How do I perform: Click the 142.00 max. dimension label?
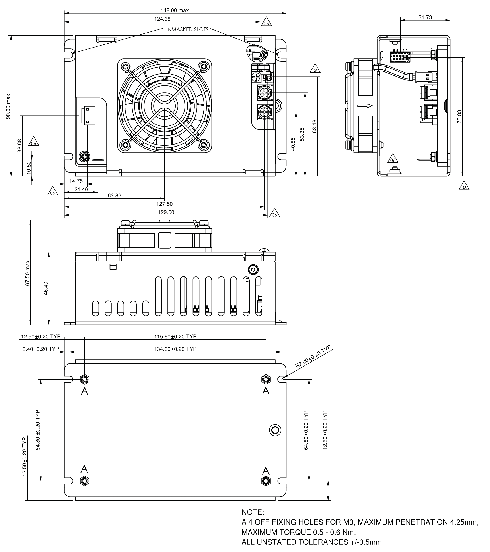tap(175, 10)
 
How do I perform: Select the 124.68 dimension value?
tap(162, 19)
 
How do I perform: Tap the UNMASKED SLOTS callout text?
tap(186, 29)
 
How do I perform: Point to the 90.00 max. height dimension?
tap(8, 106)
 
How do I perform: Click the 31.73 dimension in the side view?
tap(425, 17)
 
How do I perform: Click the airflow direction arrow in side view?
tap(365, 106)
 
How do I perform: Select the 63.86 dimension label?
tap(114, 195)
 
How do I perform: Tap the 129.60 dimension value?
tap(166, 212)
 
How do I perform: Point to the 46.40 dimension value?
tap(46, 288)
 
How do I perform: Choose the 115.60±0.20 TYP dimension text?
tap(175, 336)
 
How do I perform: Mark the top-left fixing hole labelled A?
tap(85, 379)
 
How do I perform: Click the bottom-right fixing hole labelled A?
tap(266, 481)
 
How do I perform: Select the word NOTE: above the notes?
tap(253, 512)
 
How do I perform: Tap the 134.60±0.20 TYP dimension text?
tap(175, 349)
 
